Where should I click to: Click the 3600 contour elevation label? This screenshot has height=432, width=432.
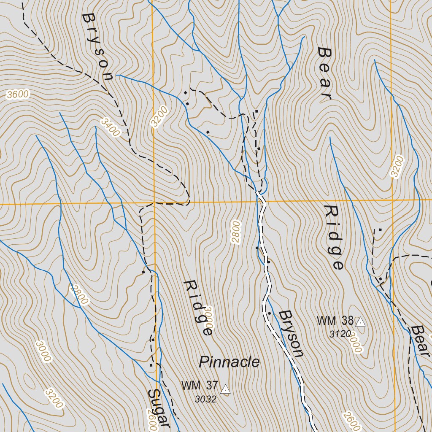(x=18, y=94)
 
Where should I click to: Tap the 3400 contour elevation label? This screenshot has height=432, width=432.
(x=110, y=127)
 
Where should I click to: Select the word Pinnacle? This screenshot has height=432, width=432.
(x=229, y=362)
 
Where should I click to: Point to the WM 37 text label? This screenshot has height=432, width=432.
(x=200, y=386)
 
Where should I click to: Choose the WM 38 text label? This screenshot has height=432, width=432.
(x=335, y=321)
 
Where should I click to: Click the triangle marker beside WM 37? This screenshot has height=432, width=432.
(x=226, y=389)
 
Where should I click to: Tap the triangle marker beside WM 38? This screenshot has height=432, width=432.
(x=360, y=322)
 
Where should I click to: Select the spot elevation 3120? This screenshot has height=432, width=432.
(x=340, y=334)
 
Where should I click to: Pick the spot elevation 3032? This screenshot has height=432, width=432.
(x=205, y=399)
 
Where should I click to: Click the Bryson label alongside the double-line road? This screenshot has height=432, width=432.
(x=291, y=334)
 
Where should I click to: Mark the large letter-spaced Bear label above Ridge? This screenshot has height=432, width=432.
(x=325, y=73)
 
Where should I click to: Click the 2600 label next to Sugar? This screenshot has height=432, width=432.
(x=153, y=422)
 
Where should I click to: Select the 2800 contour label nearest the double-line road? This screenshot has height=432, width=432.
(x=235, y=232)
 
